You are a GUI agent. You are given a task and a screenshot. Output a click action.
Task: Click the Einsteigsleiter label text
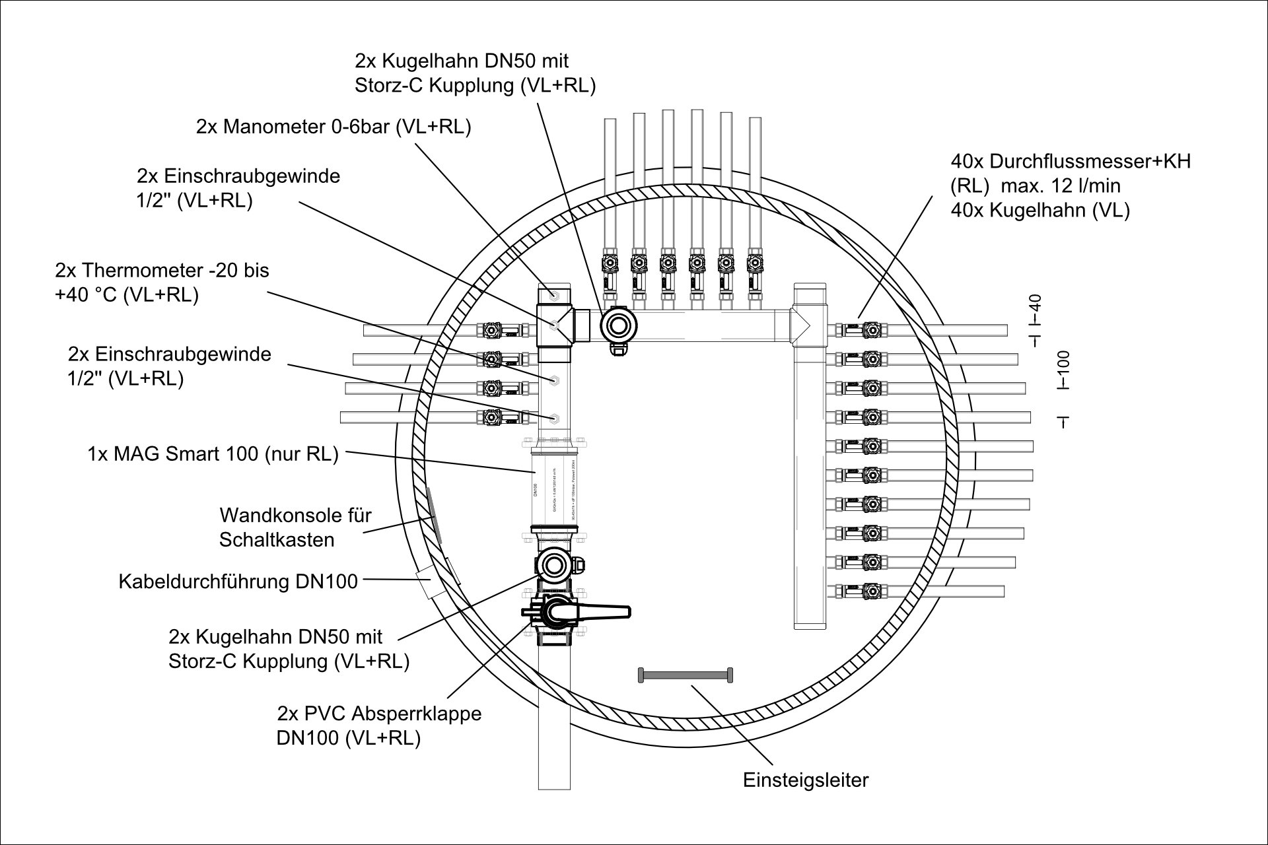pos(806,780)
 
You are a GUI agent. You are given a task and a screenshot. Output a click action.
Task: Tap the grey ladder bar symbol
pos(686,675)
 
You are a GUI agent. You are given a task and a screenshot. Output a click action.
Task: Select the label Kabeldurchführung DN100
pos(238,582)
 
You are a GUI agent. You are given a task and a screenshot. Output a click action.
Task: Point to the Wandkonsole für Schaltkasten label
pos(295,527)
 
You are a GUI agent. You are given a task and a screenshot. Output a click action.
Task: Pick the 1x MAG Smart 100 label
pos(213,454)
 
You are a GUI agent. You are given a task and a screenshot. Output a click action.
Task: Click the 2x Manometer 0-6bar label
pos(334,127)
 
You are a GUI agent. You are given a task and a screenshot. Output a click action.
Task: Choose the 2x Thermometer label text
pos(162,283)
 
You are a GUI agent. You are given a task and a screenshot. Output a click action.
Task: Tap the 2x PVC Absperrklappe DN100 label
pos(379,726)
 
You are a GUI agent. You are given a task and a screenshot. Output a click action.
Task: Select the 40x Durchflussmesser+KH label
pos(1070,186)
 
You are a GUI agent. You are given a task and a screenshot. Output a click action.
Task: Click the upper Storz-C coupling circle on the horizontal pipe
pos(619,325)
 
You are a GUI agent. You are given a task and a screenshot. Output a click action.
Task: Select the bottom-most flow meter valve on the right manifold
pos(872,590)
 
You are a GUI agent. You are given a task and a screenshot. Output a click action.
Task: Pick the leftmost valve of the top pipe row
pos(610,264)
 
